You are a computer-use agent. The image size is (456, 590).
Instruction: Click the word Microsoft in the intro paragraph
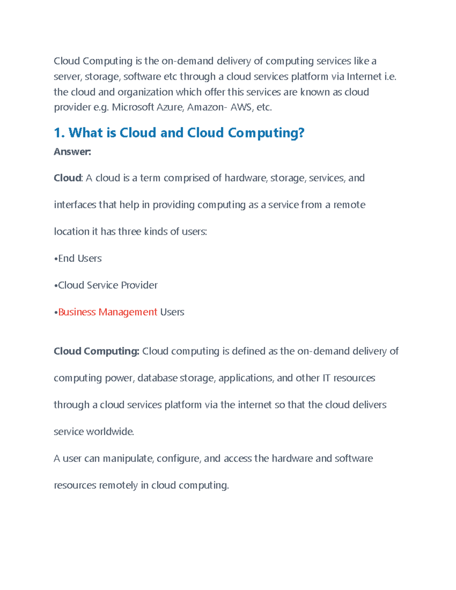click(x=133, y=108)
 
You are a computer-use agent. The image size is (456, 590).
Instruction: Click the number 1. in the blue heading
click(x=59, y=133)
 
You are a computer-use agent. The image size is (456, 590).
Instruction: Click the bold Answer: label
click(x=72, y=152)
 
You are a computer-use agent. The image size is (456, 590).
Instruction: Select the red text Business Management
click(x=108, y=312)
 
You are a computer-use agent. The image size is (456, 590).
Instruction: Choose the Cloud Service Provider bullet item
click(x=108, y=285)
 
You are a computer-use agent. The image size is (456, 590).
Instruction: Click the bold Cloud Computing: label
click(x=97, y=351)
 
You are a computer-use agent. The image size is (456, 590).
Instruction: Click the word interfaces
click(x=75, y=205)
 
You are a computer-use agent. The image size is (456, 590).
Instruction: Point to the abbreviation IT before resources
click(x=326, y=378)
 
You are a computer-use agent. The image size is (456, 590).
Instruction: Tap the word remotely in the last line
click(x=118, y=486)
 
